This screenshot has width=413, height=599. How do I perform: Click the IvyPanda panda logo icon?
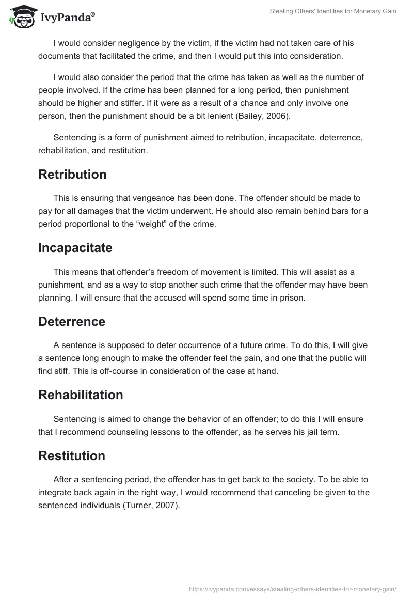click(x=21, y=17)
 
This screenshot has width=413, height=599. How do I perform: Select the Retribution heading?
click(x=72, y=175)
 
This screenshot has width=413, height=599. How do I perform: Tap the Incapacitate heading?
click(x=75, y=248)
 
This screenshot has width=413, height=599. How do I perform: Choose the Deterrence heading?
click(x=72, y=321)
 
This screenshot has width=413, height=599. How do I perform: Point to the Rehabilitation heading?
click(x=81, y=395)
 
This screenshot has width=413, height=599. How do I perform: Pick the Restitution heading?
click(x=72, y=455)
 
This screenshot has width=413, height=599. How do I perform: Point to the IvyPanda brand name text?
click(x=67, y=19)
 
